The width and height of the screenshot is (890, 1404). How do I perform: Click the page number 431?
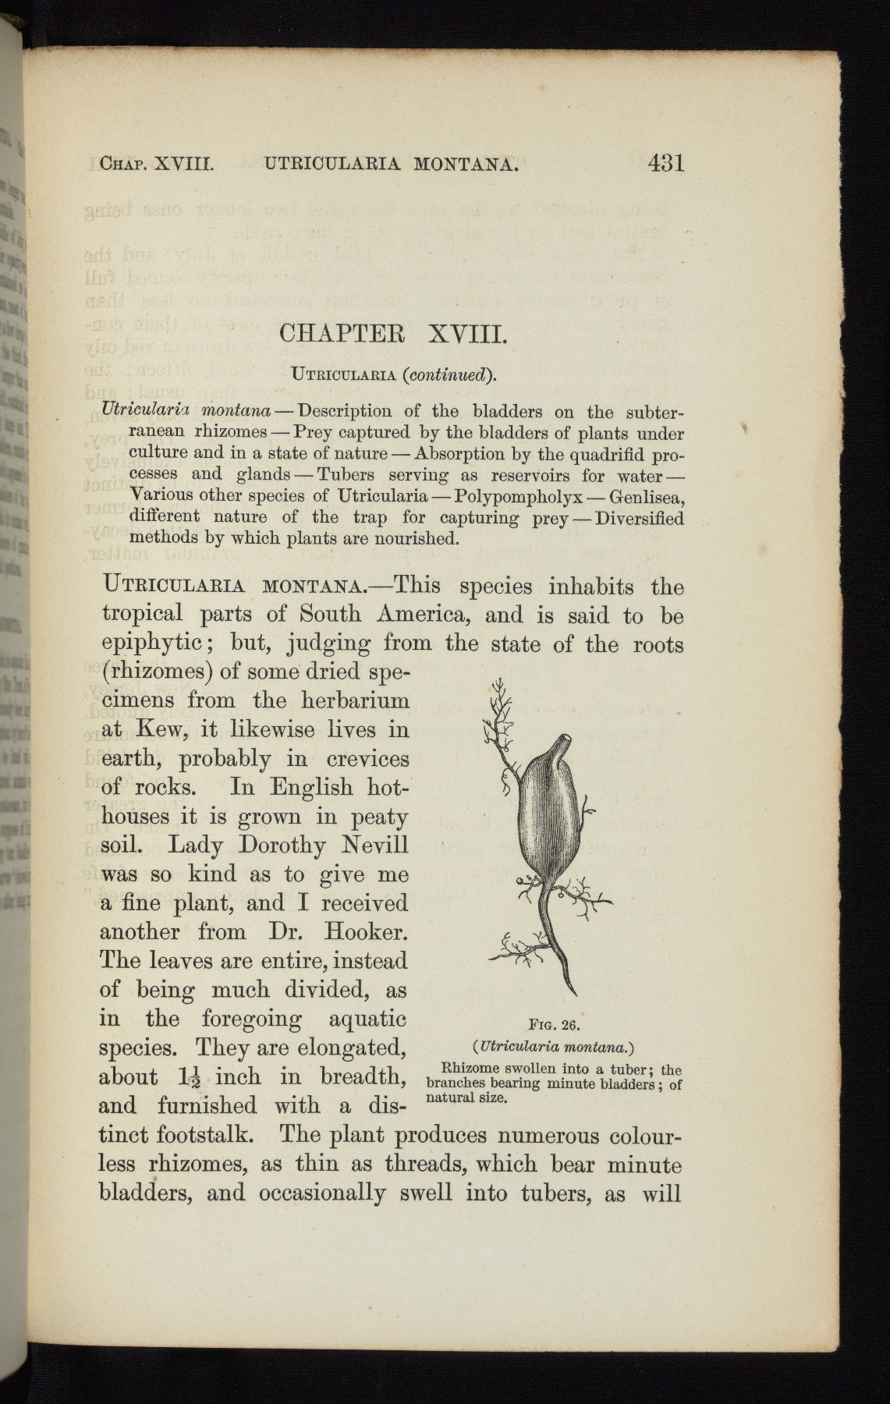(665, 163)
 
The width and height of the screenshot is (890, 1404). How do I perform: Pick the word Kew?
(159, 729)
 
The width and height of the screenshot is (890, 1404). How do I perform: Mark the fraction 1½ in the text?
(191, 1077)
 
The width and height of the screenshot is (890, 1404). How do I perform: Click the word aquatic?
(368, 1019)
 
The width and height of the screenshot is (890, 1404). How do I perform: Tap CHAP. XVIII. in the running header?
(157, 164)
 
